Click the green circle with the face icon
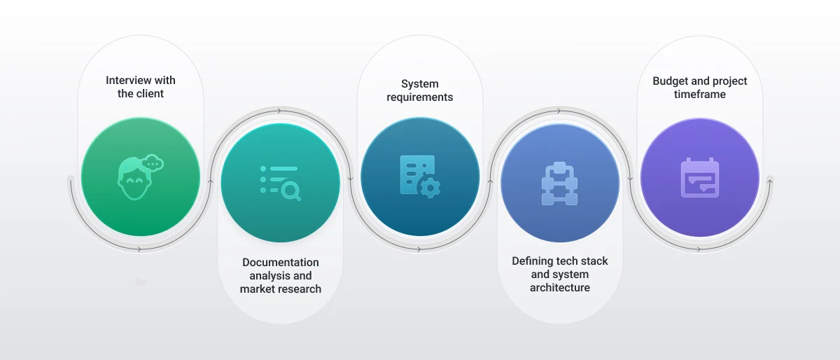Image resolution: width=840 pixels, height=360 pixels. (x=141, y=176)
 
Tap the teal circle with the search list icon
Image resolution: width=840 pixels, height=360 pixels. (x=281, y=183)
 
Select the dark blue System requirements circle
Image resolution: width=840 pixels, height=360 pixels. (x=420, y=176)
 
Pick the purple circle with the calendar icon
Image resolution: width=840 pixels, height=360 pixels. (x=700, y=178)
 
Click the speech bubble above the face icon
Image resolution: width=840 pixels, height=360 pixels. (x=153, y=163)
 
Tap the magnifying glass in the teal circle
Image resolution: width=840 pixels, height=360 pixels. (x=291, y=191)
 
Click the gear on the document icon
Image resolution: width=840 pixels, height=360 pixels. (x=430, y=187)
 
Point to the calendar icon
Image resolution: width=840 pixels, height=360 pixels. (x=700, y=178)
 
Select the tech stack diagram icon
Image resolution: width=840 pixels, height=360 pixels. (x=559, y=184)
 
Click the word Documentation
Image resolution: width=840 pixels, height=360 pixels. (x=281, y=263)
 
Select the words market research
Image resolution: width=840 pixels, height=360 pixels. (x=281, y=289)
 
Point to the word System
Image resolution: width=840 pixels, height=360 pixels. (x=419, y=84)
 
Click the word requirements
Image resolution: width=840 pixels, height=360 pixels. (x=419, y=97)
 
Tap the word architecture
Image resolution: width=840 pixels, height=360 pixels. (x=560, y=288)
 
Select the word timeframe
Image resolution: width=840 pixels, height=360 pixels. (x=700, y=95)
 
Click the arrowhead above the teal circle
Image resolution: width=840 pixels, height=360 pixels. (x=279, y=111)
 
